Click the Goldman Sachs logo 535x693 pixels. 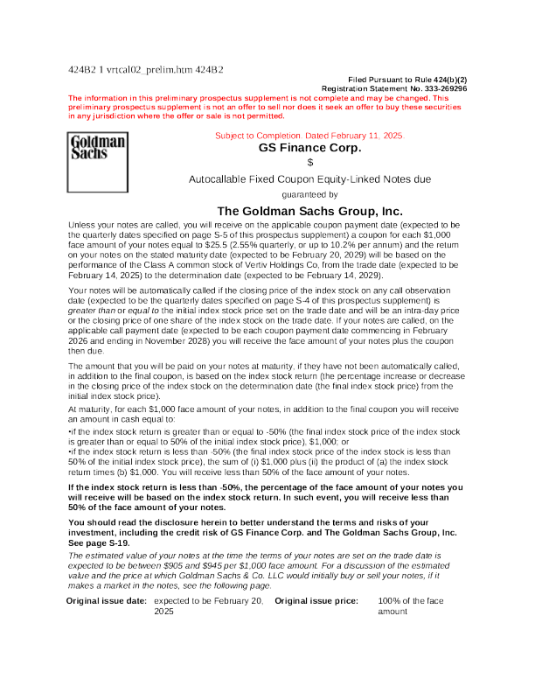click(98, 162)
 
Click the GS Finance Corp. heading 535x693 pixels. click(309, 148)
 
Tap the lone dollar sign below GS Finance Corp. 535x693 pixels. click(310, 163)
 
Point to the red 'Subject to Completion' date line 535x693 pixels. click(309, 136)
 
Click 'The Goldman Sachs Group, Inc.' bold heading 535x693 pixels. click(309, 211)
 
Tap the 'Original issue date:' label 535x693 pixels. click(107, 601)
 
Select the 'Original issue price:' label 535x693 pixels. click(316, 601)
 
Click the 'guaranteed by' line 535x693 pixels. click(309, 195)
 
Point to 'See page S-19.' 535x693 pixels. click(99, 543)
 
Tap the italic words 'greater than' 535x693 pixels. click(92, 311)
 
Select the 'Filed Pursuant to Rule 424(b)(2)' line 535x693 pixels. click(407, 80)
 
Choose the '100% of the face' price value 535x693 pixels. click(411, 601)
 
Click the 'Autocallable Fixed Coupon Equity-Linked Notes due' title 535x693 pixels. click(309, 179)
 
